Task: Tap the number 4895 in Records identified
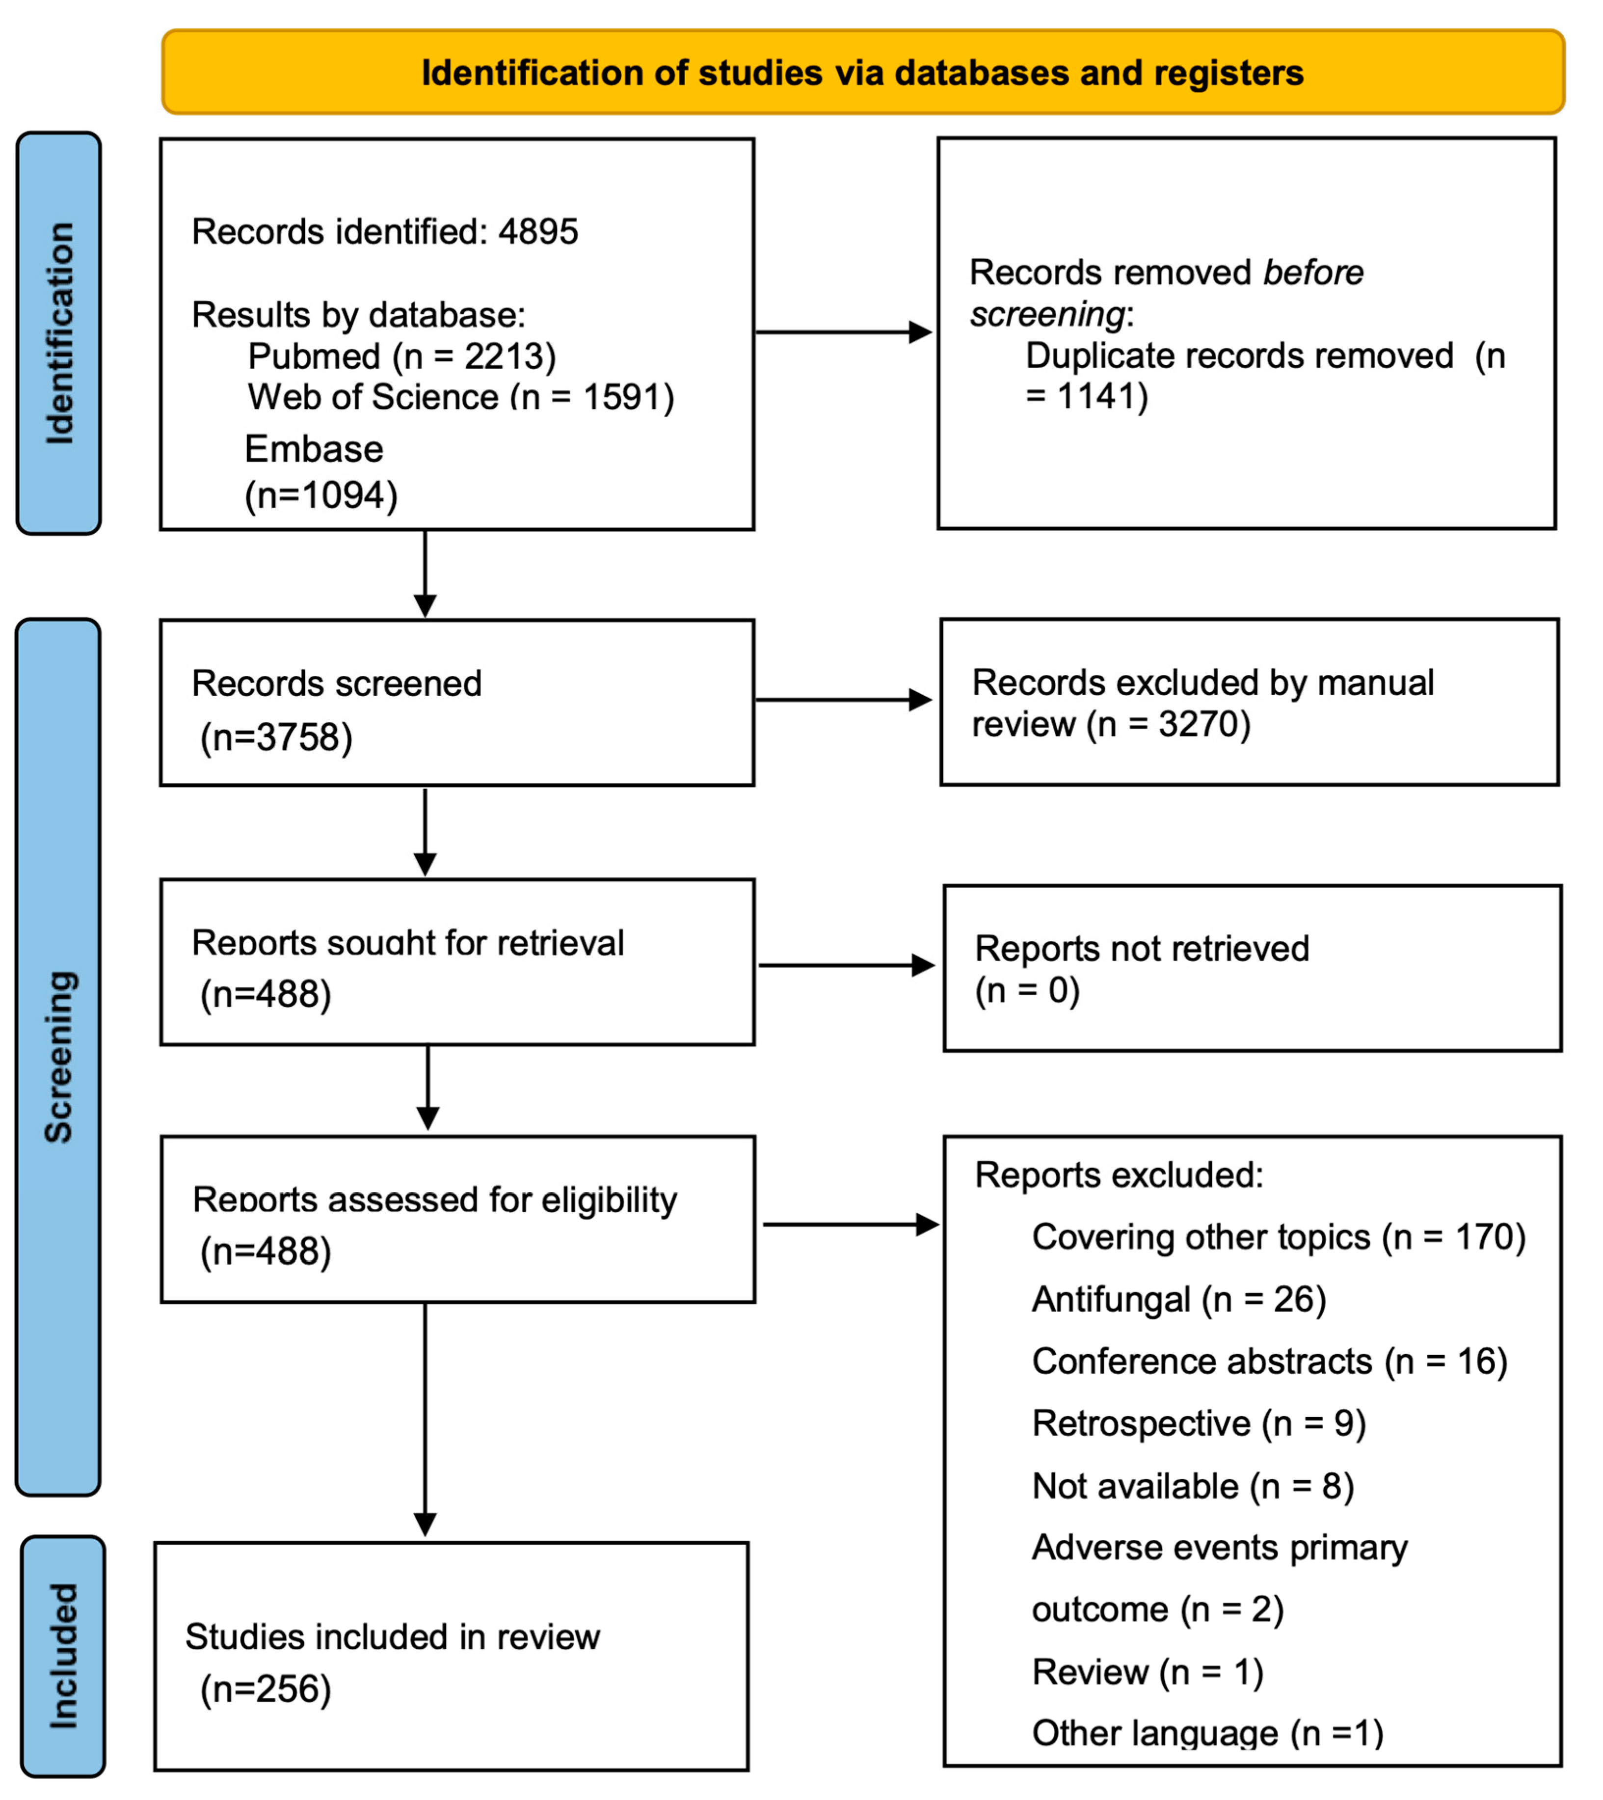537,232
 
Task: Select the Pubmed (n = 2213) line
401,356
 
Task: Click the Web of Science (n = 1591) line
461,397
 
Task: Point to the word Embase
314,449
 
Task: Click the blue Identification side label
59,333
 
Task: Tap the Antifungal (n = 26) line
1178,1300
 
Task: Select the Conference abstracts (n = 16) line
1269,1361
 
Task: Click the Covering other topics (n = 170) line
1278,1237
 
